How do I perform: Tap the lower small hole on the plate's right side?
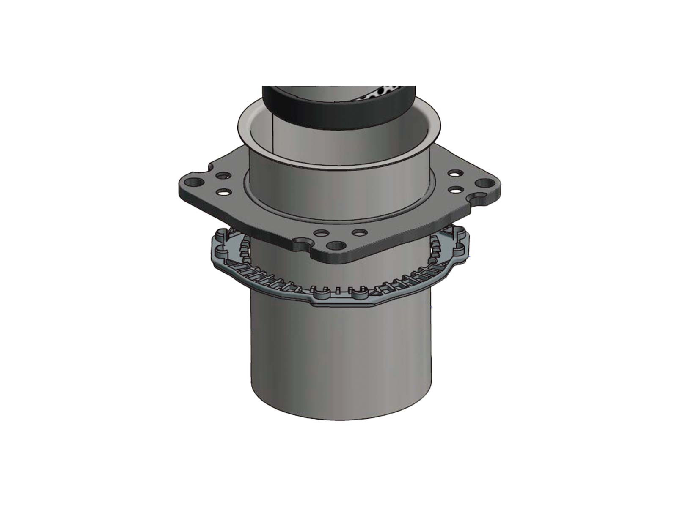pos(456,189)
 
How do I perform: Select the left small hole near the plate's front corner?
pos(321,233)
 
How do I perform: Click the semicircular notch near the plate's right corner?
pos(479,197)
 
